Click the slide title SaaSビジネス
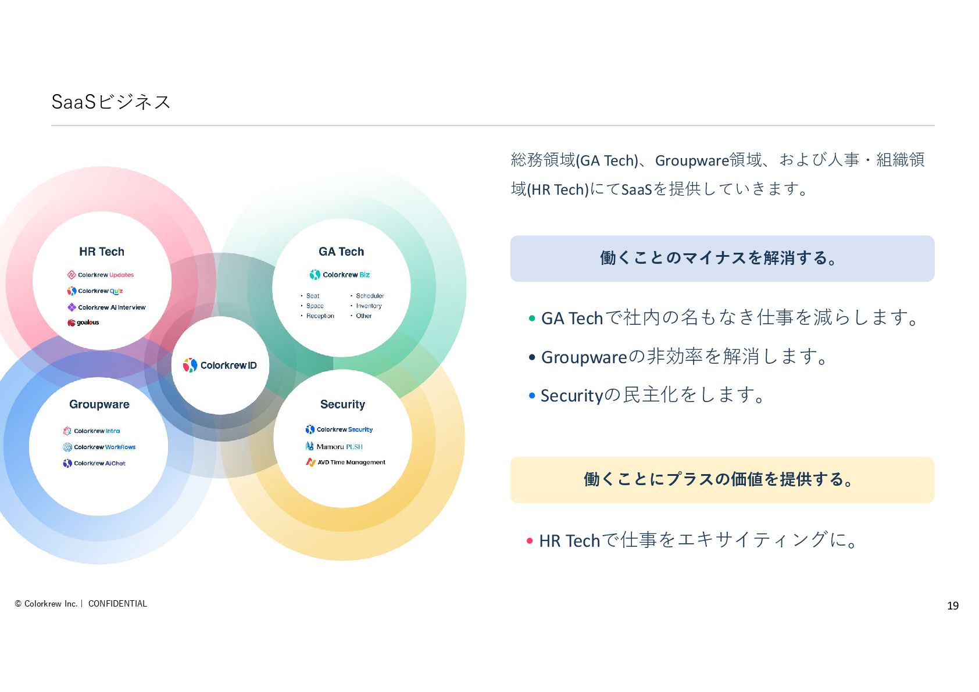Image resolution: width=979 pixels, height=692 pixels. click(110, 102)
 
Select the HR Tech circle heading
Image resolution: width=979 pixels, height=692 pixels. click(102, 252)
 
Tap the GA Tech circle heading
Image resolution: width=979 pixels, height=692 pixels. click(341, 252)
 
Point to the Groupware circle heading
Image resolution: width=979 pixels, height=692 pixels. click(99, 404)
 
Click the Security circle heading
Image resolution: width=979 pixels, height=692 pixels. click(342, 404)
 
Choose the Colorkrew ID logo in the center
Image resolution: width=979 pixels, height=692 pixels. click(220, 365)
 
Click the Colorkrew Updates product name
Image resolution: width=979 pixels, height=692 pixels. click(101, 275)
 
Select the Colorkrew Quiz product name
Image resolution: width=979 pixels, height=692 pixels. click(95, 291)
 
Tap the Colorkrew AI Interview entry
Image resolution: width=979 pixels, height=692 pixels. click(106, 307)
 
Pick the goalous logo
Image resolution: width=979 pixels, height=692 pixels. click(84, 322)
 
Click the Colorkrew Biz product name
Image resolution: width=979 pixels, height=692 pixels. click(340, 275)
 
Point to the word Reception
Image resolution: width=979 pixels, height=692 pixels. click(320, 316)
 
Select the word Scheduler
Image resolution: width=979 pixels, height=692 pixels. click(370, 296)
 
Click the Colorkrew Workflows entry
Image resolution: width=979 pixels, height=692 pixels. click(99, 447)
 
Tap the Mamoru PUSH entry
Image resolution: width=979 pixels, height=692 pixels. click(334, 447)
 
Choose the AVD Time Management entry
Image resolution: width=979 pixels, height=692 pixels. click(346, 462)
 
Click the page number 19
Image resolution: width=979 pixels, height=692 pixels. click(953, 606)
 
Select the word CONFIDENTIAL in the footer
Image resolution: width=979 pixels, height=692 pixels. click(117, 604)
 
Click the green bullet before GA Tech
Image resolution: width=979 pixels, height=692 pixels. click(531, 318)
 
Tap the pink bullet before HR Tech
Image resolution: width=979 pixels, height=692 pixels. click(530, 541)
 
